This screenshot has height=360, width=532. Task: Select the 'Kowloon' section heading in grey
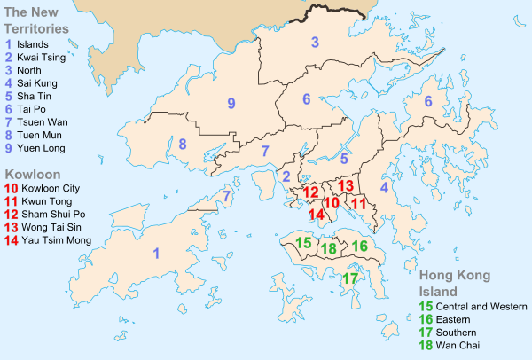pyautogui.click(x=32, y=175)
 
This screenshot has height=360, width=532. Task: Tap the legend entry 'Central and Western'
pyautogui.click(x=475, y=305)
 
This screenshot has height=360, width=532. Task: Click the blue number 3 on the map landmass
pyautogui.click(x=314, y=42)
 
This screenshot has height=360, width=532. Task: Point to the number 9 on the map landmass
pyautogui.click(x=231, y=104)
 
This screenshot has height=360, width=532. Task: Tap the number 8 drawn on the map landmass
pyautogui.click(x=182, y=144)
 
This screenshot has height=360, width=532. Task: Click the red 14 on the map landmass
pyautogui.click(x=316, y=214)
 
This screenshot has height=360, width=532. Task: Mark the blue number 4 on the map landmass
pyautogui.click(x=384, y=188)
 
